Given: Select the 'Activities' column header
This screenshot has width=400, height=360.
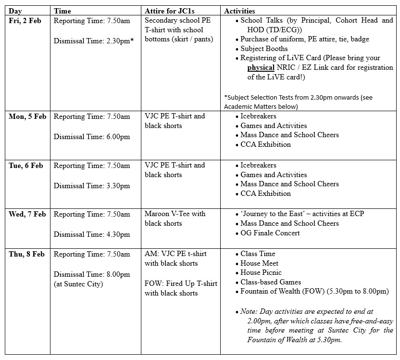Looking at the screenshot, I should pos(239,11).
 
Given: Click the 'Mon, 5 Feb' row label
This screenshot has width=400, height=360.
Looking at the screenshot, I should pos(27,116).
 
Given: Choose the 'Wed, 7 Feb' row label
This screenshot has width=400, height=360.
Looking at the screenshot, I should pos(27,214).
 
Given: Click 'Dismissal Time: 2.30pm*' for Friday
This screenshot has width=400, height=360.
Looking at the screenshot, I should pos(93,41).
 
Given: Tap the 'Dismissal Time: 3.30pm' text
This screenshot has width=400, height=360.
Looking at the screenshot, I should pos(92,186).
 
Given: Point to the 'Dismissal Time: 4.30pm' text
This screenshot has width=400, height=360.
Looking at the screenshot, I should pos(92,234).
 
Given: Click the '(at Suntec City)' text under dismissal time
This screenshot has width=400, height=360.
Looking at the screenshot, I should pos(78,284).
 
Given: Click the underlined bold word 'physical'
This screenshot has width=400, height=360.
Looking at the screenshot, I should pos(261,68).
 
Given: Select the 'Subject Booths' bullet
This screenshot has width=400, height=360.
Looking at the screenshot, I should pos(264,49).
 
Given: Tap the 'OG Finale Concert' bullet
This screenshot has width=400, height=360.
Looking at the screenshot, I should pos(270,233).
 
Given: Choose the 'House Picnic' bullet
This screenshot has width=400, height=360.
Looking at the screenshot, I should pos(261,272).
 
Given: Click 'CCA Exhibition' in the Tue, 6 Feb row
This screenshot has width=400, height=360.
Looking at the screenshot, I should pos(265,193).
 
